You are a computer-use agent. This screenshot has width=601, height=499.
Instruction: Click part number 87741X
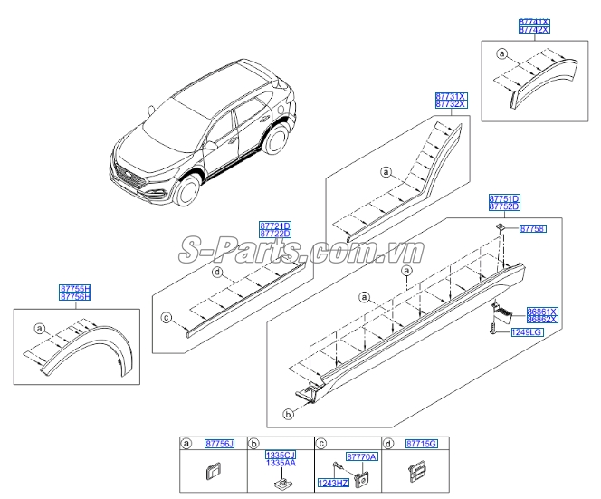pos(532,21)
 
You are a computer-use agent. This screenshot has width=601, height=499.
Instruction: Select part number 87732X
pos(450,105)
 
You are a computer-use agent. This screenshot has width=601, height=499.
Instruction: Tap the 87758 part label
pos(532,230)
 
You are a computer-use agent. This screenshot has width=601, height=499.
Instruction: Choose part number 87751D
pos(504,197)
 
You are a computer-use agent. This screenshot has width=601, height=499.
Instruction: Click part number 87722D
pos(274,234)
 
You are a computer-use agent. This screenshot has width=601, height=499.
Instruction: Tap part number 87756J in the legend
pos(218,444)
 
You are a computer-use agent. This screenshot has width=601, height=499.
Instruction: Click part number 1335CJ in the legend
pos(279,454)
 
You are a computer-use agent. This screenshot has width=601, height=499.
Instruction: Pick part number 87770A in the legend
pos(361,458)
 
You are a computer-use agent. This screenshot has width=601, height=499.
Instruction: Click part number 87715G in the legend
pos(422,444)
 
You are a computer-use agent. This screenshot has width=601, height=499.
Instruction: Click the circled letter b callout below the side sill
pos(288,415)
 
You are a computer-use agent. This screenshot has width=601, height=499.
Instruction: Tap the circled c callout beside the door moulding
pos(166,318)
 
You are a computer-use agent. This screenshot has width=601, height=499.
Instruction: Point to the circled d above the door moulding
pos(217,272)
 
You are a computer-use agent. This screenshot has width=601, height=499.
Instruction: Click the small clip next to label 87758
pos(501,231)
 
